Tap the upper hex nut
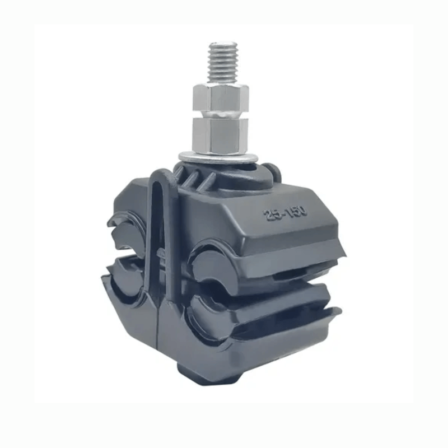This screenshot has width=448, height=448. [x=221, y=97]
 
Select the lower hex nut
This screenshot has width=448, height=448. [x=220, y=136]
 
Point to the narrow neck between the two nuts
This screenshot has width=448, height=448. [x=221, y=114]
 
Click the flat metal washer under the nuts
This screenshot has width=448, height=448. [x=218, y=158]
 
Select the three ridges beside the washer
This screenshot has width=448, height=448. [x=195, y=176]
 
